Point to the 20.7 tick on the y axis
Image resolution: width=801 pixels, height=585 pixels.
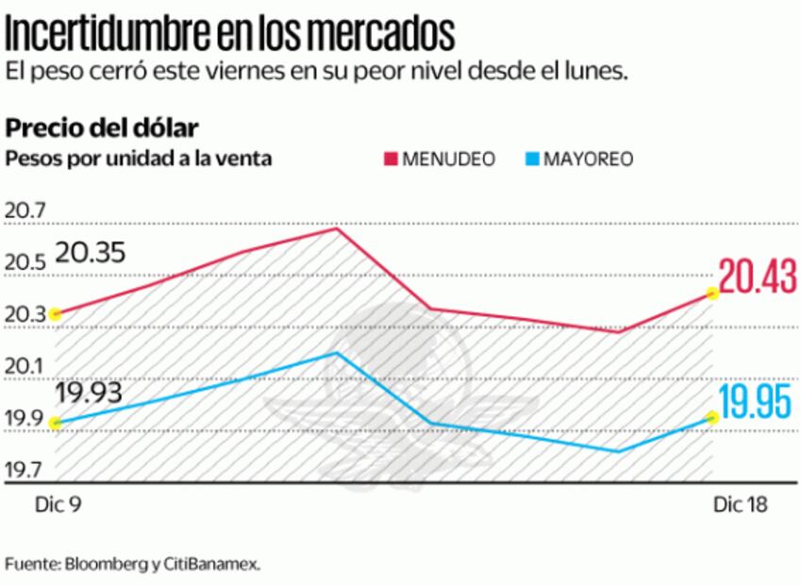click(25, 211)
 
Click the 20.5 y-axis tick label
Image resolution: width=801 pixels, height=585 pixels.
click(25, 263)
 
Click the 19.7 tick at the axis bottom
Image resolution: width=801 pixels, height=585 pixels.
click(25, 469)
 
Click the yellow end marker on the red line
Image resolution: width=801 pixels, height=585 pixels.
click(712, 293)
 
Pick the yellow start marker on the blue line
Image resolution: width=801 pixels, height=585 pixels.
click(56, 423)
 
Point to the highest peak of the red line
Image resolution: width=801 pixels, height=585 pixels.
click(337, 228)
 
